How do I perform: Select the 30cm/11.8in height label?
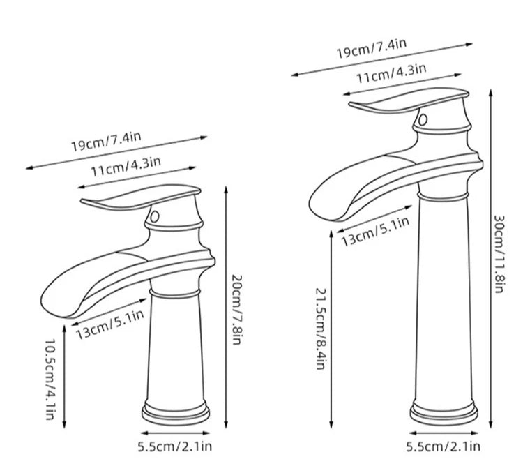coord(499,254)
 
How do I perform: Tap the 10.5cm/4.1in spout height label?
coord(50,379)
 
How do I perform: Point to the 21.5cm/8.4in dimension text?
coord(320,329)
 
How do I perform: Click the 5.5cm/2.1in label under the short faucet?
coord(175,446)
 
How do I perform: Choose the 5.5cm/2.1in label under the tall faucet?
coord(444,446)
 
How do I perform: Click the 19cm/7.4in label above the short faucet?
coord(106,142)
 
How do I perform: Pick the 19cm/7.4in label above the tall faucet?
coord(371,49)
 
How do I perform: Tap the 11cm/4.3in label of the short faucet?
coord(126,166)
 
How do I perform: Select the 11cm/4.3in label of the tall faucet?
coord(391,73)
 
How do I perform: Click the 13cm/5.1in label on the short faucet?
coord(110,324)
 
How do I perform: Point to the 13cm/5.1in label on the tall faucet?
coord(375,232)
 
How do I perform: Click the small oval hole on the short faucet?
coord(154,217)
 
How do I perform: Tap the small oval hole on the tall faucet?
coord(423,119)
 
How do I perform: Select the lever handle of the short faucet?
coord(140,198)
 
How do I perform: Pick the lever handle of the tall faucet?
coord(409,100)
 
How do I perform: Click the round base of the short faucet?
coord(176,414)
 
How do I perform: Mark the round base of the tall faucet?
coord(444,414)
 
